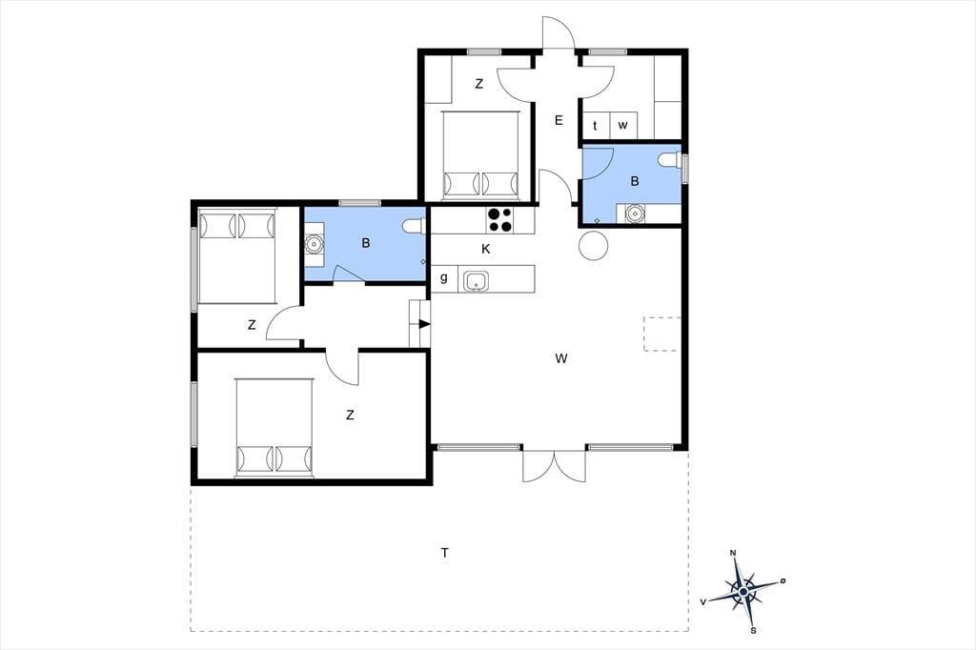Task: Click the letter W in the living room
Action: click(561, 358)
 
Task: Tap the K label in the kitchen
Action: click(486, 249)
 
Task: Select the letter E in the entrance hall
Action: click(559, 120)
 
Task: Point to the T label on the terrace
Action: click(444, 552)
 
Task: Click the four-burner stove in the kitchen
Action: click(501, 220)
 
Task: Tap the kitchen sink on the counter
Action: click(477, 281)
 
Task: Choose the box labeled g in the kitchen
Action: click(444, 278)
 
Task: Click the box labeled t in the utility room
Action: click(595, 125)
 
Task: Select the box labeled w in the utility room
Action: click(623, 125)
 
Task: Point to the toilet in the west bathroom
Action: click(414, 225)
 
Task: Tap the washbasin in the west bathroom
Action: click(314, 245)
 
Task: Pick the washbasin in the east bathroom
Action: click(634, 213)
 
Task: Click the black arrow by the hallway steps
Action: click(424, 324)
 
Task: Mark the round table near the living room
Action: click(593, 245)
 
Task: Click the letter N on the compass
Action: click(733, 553)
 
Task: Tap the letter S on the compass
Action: click(753, 631)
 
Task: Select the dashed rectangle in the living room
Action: click(662, 335)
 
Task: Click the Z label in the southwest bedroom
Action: click(350, 415)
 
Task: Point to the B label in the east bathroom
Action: click(635, 181)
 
